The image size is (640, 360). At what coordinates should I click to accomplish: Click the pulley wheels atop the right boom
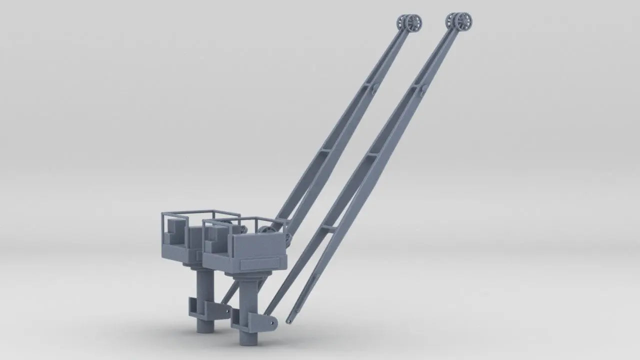pos(459,21)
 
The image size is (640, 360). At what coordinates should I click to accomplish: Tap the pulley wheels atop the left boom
pos(410,22)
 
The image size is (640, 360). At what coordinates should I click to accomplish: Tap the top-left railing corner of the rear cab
pos(162,214)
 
